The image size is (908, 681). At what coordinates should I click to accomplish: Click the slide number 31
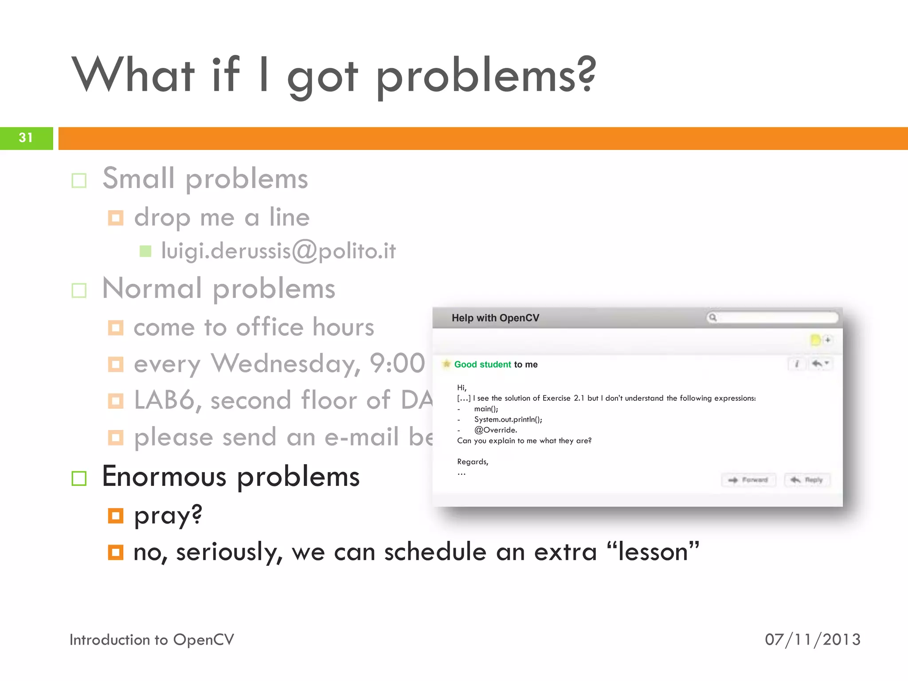(26, 138)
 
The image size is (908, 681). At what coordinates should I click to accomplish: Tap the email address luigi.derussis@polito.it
(278, 251)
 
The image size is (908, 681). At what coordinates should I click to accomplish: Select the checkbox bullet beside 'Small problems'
(79, 180)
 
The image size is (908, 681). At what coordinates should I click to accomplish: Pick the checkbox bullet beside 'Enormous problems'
(79, 478)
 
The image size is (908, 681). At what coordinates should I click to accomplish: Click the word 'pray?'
(168, 516)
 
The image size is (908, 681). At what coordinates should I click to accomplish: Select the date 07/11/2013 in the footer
(813, 640)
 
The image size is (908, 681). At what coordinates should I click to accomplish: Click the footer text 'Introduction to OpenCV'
(152, 640)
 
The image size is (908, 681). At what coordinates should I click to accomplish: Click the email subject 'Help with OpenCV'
(495, 318)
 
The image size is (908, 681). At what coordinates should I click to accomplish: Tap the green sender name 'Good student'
(482, 364)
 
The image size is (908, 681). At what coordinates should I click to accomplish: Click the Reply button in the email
(807, 480)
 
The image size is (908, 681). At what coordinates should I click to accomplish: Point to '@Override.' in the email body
(495, 430)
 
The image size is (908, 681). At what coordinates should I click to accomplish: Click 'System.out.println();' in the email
(508, 419)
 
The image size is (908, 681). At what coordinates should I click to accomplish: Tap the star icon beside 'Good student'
(446, 364)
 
